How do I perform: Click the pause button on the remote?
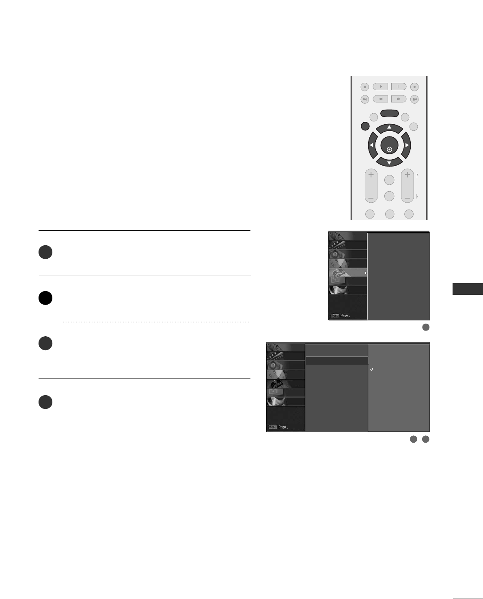[399, 86]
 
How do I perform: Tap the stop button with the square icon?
[364, 86]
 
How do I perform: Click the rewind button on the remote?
[380, 99]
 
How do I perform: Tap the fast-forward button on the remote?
[399, 99]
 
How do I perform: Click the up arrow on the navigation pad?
[389, 127]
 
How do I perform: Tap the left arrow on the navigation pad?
[371, 145]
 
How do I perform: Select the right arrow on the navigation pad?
[407, 145]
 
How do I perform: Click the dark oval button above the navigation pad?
[389, 114]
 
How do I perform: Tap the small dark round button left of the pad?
[364, 126]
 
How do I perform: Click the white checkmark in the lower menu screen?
[372, 370]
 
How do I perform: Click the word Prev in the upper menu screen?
[345, 316]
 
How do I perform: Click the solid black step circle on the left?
[45, 298]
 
